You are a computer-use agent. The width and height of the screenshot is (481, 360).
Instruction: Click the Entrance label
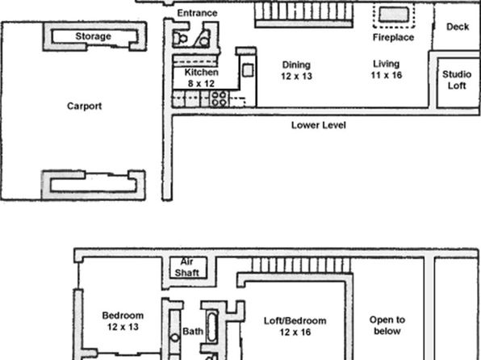(197, 13)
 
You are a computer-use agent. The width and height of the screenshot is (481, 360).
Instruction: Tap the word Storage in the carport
(94, 36)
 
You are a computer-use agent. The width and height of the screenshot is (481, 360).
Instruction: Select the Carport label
(85, 107)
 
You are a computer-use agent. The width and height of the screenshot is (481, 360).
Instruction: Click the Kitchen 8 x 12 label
(201, 78)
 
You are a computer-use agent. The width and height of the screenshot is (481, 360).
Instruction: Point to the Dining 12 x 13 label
(296, 70)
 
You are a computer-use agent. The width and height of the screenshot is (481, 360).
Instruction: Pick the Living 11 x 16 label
(387, 69)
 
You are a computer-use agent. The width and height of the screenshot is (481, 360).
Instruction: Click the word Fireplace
(393, 37)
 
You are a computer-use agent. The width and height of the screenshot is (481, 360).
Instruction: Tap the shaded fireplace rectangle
(394, 15)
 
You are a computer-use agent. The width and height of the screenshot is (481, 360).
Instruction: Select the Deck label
(458, 27)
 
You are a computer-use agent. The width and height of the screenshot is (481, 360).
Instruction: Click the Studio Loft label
(457, 80)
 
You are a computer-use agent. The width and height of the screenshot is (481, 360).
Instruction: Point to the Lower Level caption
(319, 125)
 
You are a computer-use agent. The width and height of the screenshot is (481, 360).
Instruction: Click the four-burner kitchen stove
(219, 98)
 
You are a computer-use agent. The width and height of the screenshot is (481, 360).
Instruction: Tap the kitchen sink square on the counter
(248, 70)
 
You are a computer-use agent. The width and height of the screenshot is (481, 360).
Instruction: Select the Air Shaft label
(186, 267)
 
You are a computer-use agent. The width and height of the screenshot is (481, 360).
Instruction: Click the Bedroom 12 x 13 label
(123, 321)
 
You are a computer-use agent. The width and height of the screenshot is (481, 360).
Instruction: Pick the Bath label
(193, 332)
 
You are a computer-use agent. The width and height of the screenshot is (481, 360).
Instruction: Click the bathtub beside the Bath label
(212, 327)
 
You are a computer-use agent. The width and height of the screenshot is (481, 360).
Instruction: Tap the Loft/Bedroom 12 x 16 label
(295, 326)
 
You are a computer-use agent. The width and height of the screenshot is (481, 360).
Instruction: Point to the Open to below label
(387, 325)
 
